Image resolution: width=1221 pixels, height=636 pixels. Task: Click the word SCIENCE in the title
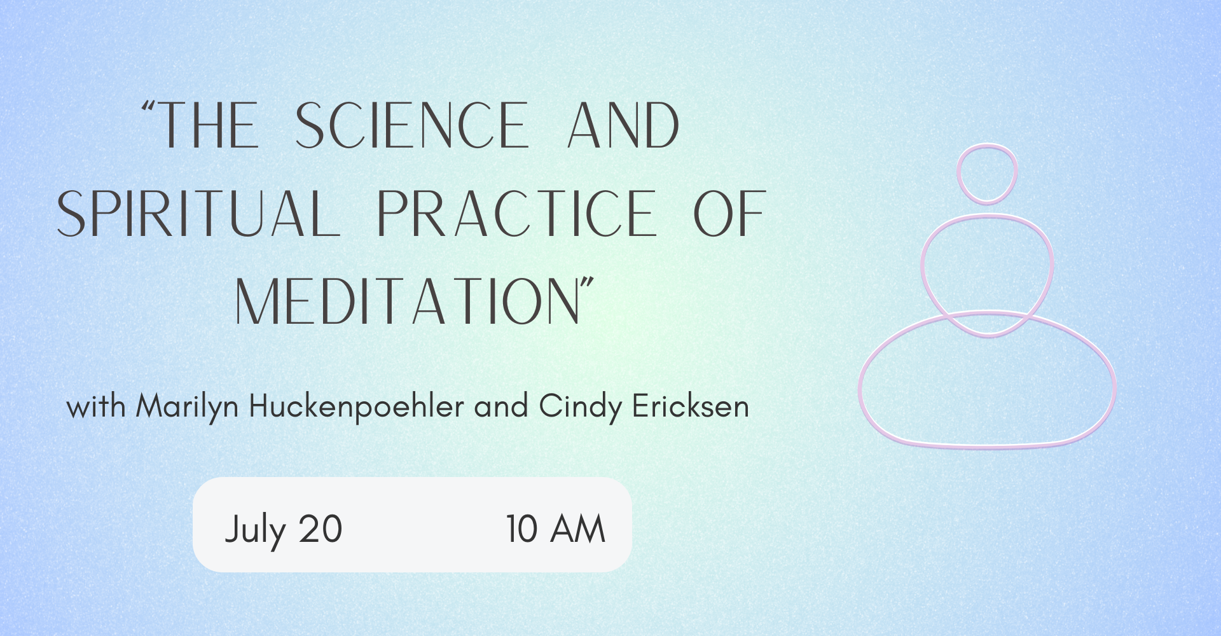[412, 125]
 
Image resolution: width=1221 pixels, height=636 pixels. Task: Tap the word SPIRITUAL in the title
[198, 214]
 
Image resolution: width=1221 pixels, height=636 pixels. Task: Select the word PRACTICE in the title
[516, 214]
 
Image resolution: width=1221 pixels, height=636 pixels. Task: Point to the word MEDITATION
[407, 301]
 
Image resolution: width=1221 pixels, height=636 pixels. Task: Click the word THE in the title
[207, 125]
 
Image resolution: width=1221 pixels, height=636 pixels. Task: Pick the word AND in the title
[623, 125]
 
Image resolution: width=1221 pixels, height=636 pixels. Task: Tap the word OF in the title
[729, 214]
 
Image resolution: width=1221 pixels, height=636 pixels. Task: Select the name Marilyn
[187, 406]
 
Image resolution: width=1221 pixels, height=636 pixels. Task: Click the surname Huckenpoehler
[356, 406]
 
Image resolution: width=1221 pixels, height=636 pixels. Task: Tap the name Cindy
[580, 406]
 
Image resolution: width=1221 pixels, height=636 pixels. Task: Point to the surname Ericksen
[691, 406]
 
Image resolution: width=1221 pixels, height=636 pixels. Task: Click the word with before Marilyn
[96, 406]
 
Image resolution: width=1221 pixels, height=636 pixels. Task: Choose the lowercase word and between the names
[501, 406]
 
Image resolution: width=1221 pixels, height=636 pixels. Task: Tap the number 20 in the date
[321, 529]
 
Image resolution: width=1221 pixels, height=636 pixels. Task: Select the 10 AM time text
[555, 529]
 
